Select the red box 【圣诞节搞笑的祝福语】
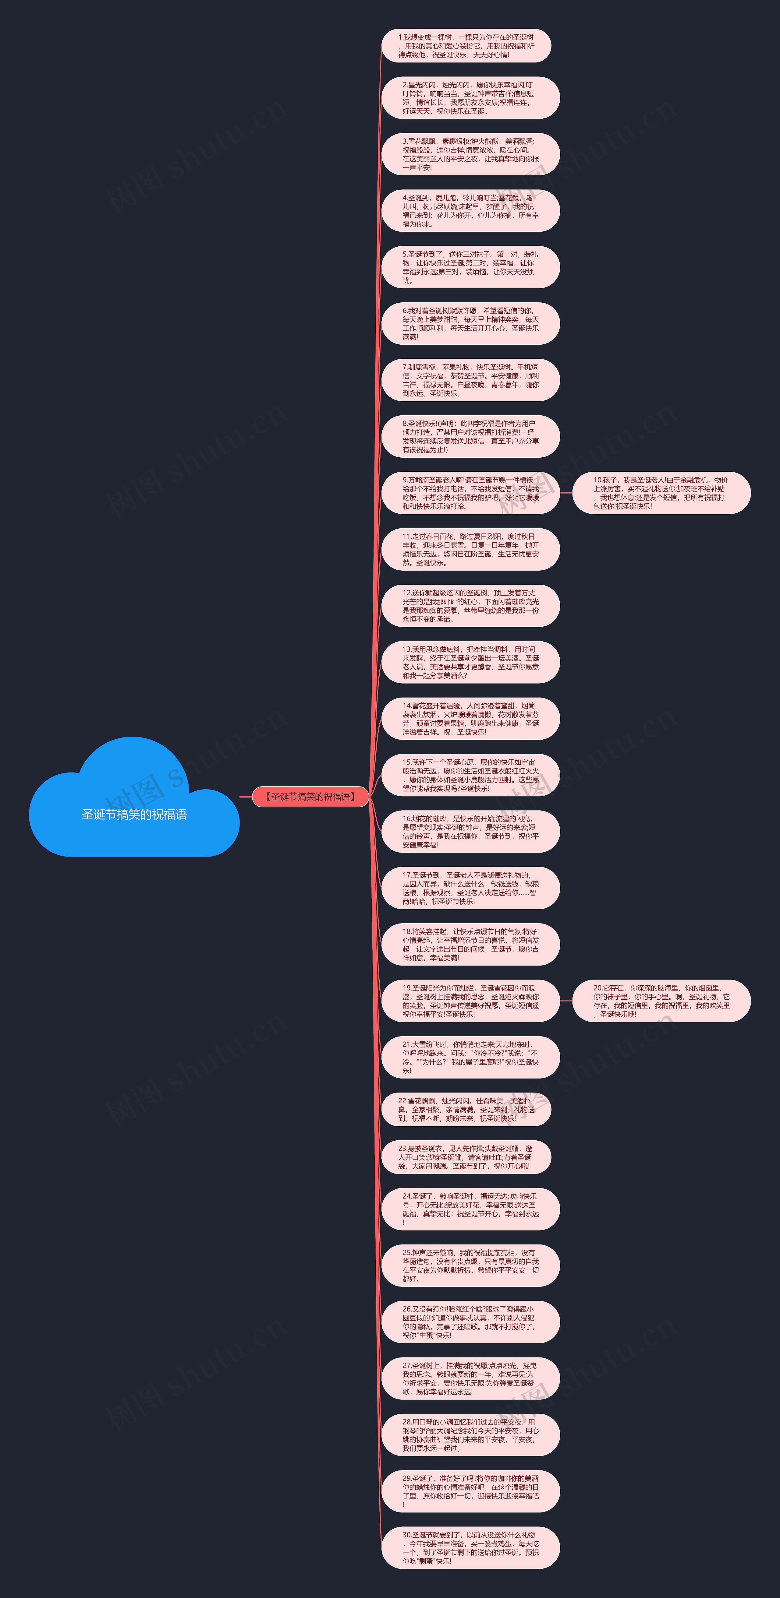(310, 797)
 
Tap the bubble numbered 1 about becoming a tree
(466, 46)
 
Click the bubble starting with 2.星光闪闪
(470, 98)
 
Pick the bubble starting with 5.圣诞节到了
(470, 267)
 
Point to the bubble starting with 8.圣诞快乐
(470, 437)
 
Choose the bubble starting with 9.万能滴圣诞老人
(470, 493)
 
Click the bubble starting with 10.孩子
(661, 493)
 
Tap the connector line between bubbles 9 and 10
(566, 493)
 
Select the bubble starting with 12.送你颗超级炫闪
(470, 606)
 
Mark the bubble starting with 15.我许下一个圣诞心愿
(470, 776)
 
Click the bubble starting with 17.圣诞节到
(470, 888)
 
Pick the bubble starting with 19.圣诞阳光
(470, 1001)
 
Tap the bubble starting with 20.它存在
(661, 1001)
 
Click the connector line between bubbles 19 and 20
(566, 1001)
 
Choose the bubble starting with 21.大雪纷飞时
(470, 1058)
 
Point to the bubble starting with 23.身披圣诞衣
(466, 1157)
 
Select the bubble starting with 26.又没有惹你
(470, 1322)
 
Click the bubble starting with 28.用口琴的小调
(470, 1435)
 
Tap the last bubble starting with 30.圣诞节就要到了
(470, 1548)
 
